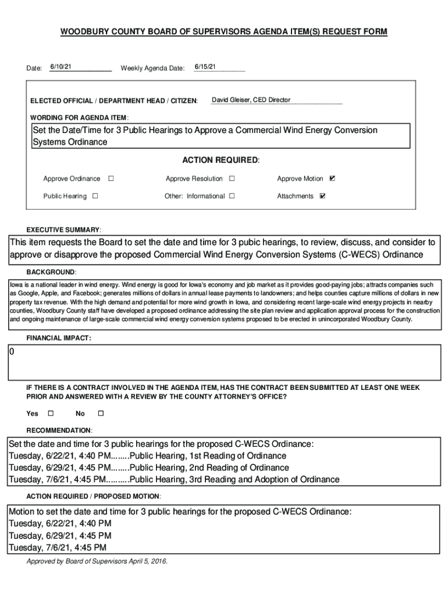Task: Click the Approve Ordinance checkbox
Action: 111,178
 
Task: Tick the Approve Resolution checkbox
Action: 232,178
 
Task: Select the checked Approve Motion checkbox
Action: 332,178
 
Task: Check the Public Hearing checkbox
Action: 95,196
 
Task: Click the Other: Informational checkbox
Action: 232,196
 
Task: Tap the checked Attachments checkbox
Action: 323,196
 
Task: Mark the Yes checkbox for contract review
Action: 50,413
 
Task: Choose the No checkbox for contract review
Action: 100,413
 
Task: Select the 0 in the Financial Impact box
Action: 12,353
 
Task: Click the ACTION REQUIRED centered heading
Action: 221,160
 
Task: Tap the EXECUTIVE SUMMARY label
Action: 64,230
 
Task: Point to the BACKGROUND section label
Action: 51,272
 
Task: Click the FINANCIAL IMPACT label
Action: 58,338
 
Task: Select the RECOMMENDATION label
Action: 59,430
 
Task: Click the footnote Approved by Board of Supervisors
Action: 97,561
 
